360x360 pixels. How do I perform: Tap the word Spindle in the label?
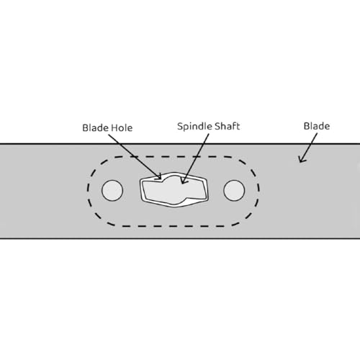point(194,127)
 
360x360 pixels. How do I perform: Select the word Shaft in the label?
point(227,126)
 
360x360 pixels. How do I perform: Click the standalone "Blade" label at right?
point(317,126)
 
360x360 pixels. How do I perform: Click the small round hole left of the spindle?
point(112,190)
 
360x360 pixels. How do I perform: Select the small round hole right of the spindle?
point(234,190)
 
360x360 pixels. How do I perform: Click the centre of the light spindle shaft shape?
point(174,189)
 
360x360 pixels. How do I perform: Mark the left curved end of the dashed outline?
point(89,192)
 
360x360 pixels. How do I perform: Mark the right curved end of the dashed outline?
point(258,192)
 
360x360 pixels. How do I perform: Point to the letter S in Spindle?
point(180,126)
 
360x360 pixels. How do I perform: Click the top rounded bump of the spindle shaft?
point(174,176)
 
